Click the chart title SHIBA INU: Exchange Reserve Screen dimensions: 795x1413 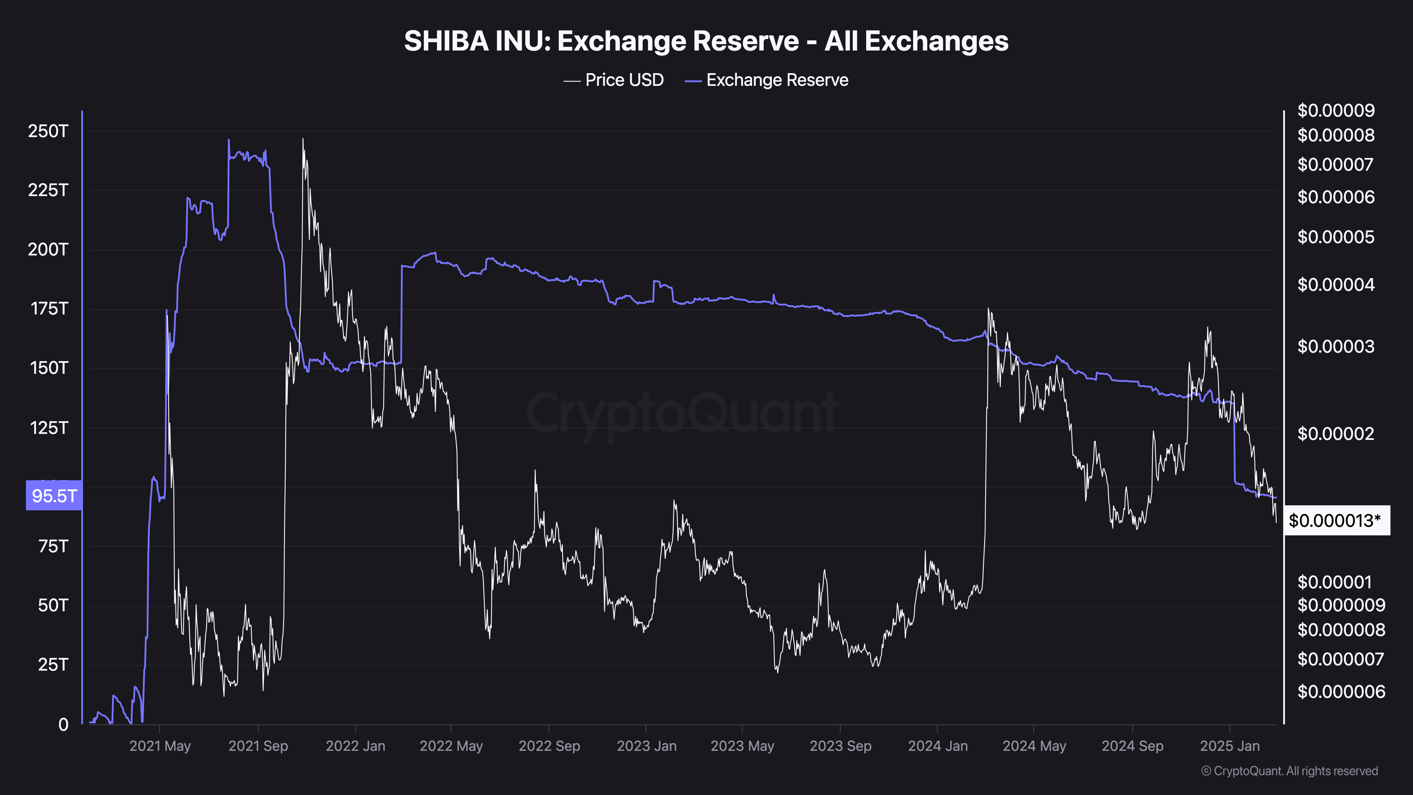pos(706,41)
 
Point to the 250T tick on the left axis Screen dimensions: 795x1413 pos(48,131)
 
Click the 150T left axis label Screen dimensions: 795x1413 pos(48,367)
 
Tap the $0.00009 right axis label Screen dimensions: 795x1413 pos(1336,110)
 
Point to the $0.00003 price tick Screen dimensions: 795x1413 pos(1336,346)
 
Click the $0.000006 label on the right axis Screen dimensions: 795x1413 pos(1341,691)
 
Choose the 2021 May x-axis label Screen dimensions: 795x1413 pos(160,746)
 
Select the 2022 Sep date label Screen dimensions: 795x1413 pos(549,746)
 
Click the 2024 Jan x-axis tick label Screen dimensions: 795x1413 pos(938,746)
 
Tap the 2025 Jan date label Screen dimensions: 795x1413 pos(1229,746)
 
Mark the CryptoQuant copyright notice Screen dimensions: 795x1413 pos(1289,771)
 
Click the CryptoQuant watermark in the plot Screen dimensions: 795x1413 pos(682,413)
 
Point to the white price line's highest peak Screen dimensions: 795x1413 pos(303,139)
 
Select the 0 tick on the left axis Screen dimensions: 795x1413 pos(63,724)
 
